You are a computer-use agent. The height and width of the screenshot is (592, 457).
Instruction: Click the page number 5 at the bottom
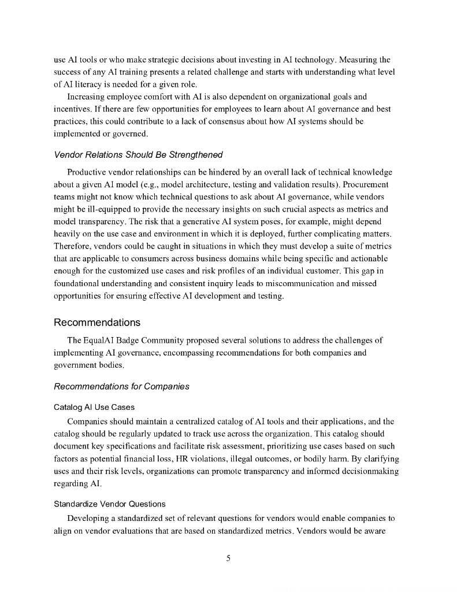[228, 558]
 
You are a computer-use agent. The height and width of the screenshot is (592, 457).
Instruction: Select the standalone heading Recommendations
[97, 322]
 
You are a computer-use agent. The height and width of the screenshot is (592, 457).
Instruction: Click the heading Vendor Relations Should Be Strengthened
[138, 155]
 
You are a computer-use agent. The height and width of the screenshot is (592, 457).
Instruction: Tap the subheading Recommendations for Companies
[121, 386]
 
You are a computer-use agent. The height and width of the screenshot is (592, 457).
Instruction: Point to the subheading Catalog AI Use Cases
[94, 407]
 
